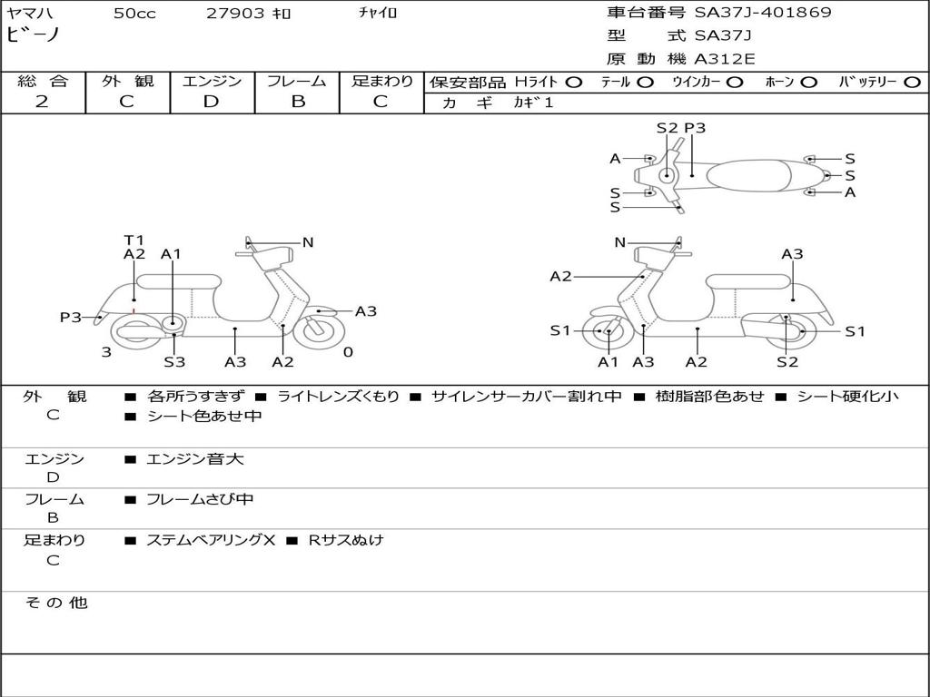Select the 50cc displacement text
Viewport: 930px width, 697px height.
pyautogui.click(x=134, y=14)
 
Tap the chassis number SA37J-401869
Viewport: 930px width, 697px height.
pyautogui.click(x=763, y=13)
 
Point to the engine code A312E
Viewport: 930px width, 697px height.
pyautogui.click(x=725, y=59)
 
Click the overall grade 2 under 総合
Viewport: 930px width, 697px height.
pyautogui.click(x=42, y=102)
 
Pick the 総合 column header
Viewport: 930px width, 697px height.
pyautogui.click(x=43, y=81)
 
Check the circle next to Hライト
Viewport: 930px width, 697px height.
pyautogui.click(x=574, y=82)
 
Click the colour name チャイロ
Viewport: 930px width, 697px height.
pyautogui.click(x=378, y=13)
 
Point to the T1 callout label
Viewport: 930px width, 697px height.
pyautogui.click(x=134, y=241)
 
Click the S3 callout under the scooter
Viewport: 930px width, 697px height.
pyautogui.click(x=174, y=362)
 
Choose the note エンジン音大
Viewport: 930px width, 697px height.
pyautogui.click(x=195, y=459)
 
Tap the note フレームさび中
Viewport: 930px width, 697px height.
pyautogui.click(x=200, y=499)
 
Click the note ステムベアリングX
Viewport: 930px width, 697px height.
pyautogui.click(x=211, y=540)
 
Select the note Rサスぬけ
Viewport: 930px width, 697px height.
pyautogui.click(x=346, y=540)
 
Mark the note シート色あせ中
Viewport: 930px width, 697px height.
pyautogui.click(x=204, y=417)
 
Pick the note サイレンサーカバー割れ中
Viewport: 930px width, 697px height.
pyautogui.click(x=527, y=397)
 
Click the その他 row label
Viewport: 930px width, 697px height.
pyautogui.click(x=55, y=603)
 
